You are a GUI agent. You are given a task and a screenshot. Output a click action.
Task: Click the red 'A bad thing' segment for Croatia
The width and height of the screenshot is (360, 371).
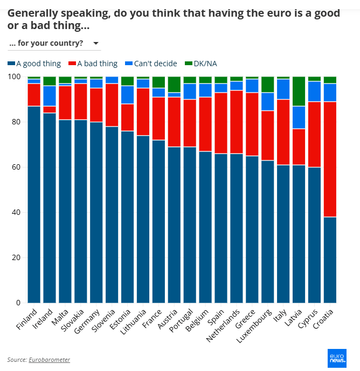(330, 159)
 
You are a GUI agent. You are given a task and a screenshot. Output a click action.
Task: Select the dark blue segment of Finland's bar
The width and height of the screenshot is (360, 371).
(34, 205)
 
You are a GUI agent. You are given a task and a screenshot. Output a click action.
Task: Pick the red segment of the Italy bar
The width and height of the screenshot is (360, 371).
(283, 132)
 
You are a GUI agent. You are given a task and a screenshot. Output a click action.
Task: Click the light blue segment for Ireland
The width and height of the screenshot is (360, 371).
(50, 96)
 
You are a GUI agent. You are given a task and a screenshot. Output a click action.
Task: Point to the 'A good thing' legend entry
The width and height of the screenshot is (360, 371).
(34, 64)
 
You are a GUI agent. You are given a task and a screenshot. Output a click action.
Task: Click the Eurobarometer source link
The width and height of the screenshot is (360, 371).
(49, 359)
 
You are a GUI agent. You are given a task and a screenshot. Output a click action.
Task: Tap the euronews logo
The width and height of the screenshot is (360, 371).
(337, 358)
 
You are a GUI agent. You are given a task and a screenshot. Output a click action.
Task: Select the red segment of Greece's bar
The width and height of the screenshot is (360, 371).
(252, 124)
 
